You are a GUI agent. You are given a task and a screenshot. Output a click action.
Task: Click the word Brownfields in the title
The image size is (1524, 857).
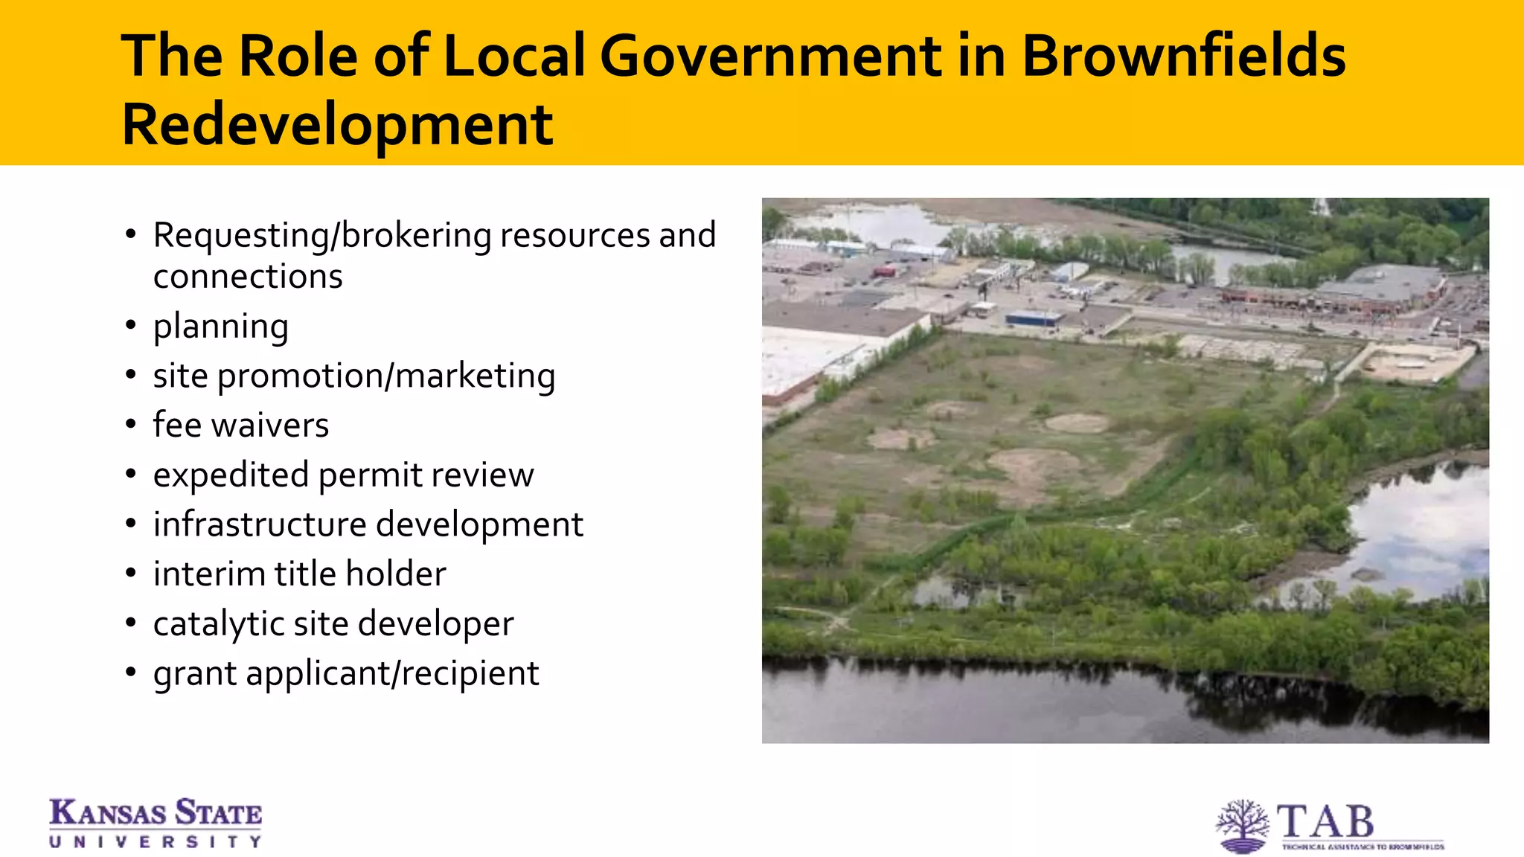click(x=1183, y=56)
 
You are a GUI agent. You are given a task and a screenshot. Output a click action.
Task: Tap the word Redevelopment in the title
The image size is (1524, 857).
click(x=337, y=124)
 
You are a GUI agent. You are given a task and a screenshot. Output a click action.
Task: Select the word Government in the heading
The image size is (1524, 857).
click(x=770, y=56)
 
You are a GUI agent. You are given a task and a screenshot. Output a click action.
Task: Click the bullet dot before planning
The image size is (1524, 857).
click(x=131, y=325)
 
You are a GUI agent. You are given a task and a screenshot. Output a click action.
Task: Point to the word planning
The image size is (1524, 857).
click(x=220, y=327)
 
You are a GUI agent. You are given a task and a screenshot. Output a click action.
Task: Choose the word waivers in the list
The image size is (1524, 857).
click(x=269, y=425)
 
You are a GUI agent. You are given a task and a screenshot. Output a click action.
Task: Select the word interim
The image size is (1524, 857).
click(x=209, y=574)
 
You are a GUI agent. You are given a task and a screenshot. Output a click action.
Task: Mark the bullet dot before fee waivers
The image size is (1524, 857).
click(x=131, y=424)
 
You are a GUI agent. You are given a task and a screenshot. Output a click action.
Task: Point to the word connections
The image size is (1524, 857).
click(x=248, y=277)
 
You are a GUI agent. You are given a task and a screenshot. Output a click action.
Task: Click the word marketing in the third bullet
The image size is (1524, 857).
click(x=475, y=376)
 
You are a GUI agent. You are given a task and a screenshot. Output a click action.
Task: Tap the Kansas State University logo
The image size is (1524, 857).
click(x=156, y=823)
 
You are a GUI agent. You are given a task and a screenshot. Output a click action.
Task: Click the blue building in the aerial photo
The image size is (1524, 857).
click(x=1034, y=318)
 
